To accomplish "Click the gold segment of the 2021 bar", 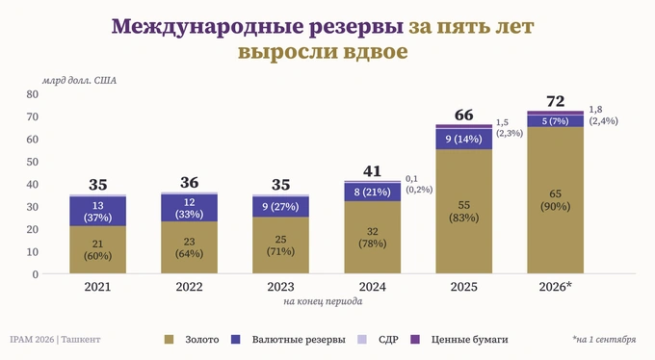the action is [97, 249].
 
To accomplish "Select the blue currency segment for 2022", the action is [189, 208].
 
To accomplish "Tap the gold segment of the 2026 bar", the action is [555, 200].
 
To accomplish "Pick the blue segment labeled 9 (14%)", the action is [463, 139].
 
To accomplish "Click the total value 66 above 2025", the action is [463, 115].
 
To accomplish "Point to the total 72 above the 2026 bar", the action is [555, 101].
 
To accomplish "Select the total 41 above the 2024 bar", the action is [372, 170].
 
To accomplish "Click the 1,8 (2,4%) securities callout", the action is [603, 116].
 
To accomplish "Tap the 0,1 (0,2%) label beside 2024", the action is [419, 184].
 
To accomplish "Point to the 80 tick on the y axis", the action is [32, 94].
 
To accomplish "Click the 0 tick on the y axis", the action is [35, 274].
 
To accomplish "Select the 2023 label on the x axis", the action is [280, 287].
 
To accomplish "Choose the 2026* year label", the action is [555, 287].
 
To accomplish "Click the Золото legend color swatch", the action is [170, 339].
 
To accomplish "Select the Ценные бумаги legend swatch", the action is [415, 339].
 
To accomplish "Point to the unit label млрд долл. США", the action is [79, 81].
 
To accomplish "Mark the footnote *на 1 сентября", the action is [604, 339].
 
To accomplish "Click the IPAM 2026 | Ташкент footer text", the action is [55, 340].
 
